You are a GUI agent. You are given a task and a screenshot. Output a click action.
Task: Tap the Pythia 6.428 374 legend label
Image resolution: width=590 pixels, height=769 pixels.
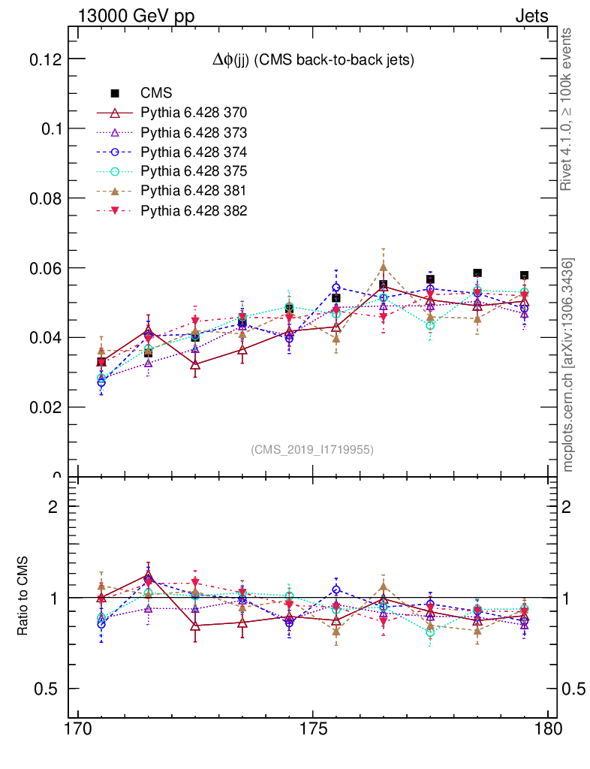coord(194,152)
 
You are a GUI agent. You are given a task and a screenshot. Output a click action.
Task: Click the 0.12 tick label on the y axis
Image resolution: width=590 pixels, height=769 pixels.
coord(43,59)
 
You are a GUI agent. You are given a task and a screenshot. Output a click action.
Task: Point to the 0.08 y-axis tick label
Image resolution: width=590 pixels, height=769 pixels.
coord(43,198)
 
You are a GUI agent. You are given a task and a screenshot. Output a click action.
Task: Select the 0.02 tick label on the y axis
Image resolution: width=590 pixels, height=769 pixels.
coord(43,407)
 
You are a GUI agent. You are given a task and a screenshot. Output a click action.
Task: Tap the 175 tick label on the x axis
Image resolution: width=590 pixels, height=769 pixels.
coord(312,729)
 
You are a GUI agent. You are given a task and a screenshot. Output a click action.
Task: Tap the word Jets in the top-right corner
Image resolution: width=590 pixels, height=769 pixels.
coord(531,16)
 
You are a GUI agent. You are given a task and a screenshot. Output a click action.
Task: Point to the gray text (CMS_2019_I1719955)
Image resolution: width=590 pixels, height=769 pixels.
coord(312,449)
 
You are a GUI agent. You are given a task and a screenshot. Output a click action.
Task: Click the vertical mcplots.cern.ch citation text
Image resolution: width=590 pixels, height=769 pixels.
coord(569,365)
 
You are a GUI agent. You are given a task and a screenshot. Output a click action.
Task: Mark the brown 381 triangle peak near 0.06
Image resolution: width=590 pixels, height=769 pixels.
coord(383,267)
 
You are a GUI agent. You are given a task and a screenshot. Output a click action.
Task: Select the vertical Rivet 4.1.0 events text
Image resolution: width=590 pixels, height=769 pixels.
coord(569,109)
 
